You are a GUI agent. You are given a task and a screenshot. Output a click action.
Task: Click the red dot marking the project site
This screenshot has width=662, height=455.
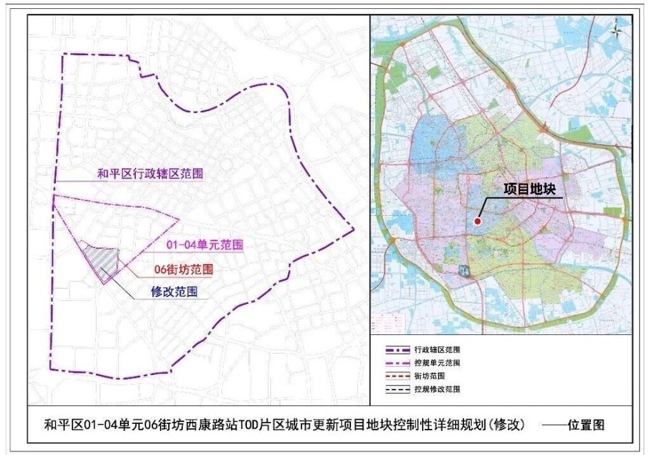(477, 221)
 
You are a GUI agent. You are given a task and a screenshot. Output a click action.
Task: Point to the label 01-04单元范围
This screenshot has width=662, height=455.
(204, 245)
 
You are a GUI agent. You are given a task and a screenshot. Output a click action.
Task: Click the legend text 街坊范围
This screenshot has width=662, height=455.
(430, 376)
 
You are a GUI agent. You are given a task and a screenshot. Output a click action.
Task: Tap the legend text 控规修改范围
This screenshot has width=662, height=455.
(437, 390)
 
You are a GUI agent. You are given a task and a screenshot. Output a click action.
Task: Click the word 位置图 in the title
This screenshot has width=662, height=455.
(586, 425)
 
